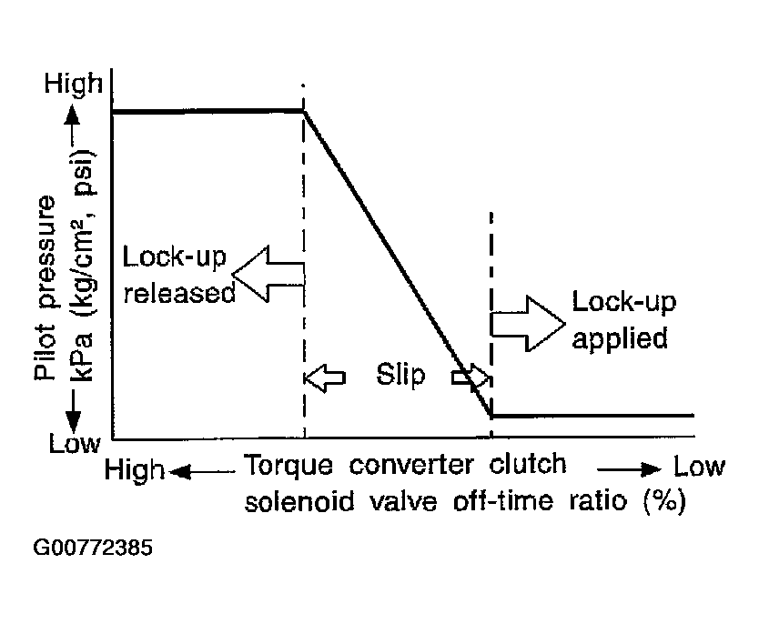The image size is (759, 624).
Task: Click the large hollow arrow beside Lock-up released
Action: (x=268, y=275)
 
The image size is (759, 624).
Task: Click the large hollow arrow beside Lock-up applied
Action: (x=528, y=324)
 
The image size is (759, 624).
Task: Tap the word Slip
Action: (x=400, y=375)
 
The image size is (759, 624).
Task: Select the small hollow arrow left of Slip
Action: (x=324, y=377)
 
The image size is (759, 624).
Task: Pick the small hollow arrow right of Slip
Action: (x=471, y=377)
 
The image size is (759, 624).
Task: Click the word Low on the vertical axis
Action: (x=75, y=443)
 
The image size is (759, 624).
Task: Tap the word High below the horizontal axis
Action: (x=135, y=469)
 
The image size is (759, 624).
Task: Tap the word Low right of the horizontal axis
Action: (x=700, y=467)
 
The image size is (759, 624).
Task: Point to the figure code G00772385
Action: (x=93, y=548)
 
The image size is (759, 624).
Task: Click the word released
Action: (x=179, y=293)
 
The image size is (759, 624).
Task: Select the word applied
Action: (x=620, y=338)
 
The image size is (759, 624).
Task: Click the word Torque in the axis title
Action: (x=288, y=465)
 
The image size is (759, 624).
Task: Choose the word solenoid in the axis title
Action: (x=299, y=501)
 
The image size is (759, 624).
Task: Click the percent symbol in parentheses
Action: (x=664, y=500)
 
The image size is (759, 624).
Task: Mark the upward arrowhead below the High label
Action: (x=73, y=115)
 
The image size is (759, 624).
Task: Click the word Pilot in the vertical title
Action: (x=46, y=352)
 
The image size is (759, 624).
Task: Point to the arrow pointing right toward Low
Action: (x=629, y=468)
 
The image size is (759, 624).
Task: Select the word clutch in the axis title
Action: (x=528, y=464)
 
